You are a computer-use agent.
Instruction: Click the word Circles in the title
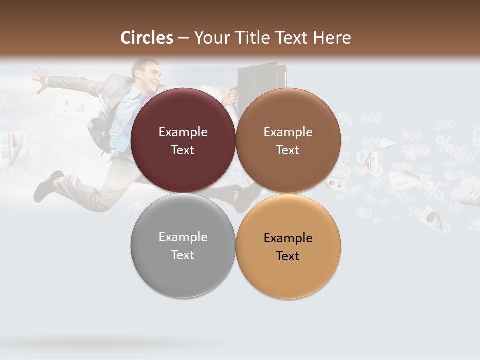click(x=146, y=38)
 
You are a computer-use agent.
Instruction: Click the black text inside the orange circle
click(x=288, y=247)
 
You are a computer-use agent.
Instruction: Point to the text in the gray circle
click(x=183, y=246)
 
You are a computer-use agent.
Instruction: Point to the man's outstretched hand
click(x=40, y=78)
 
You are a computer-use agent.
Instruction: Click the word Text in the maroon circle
click(x=183, y=150)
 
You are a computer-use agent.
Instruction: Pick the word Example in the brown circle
click(x=288, y=132)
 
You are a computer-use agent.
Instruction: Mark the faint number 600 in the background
click(x=371, y=118)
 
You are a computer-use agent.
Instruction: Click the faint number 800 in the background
click(x=411, y=135)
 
